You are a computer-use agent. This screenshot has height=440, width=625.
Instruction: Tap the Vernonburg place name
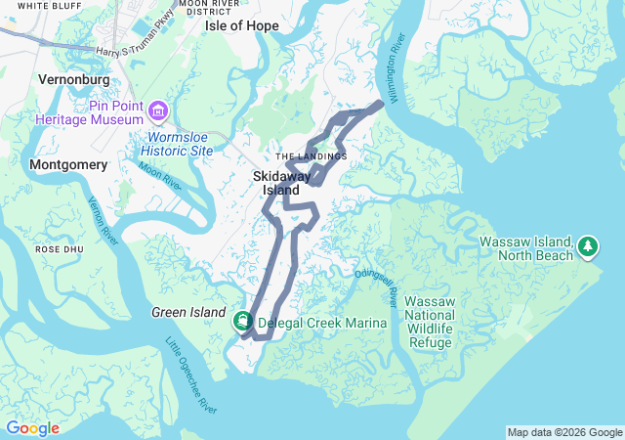coord(70,77)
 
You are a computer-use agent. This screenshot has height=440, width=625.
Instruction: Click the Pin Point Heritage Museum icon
coord(159,107)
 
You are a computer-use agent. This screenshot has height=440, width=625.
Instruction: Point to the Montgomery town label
coord(68,165)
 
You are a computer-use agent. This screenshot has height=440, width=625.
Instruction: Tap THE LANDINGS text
coord(311,156)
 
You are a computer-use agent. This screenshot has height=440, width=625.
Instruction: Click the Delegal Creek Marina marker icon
coord(241,322)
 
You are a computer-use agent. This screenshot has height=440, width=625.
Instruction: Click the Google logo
coord(32,428)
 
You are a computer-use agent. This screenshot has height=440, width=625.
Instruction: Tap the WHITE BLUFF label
coord(48,6)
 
